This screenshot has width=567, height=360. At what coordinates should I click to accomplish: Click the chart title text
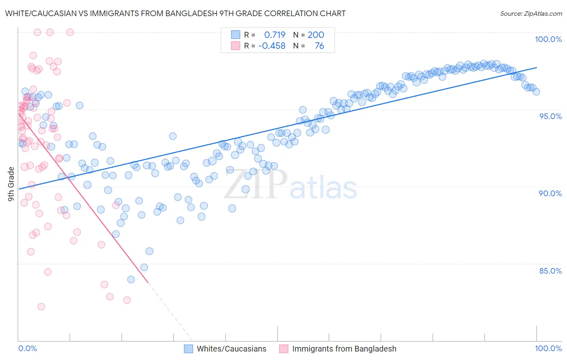tap(175, 13)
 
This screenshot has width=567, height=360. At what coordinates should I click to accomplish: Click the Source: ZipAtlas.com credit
tap(531, 14)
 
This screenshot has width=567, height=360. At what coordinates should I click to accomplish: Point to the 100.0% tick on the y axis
tap(548, 39)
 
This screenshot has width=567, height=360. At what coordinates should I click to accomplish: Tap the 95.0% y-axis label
tap(550, 116)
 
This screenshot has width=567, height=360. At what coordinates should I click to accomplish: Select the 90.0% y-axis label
tap(550, 193)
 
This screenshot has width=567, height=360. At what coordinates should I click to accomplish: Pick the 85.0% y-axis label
tap(550, 271)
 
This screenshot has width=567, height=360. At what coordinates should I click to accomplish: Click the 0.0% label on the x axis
tap(27, 348)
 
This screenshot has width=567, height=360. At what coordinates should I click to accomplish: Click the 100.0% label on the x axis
tap(548, 348)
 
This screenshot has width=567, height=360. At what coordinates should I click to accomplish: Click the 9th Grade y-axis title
tap(11, 184)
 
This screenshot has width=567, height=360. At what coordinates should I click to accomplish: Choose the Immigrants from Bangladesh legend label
tap(344, 349)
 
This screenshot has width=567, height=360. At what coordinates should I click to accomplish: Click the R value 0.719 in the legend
tap(275, 35)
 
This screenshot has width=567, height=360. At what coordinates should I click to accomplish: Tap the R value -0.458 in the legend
tap(272, 46)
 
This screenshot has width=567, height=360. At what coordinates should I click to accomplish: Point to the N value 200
tap(316, 35)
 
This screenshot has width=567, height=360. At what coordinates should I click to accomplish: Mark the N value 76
tap(319, 46)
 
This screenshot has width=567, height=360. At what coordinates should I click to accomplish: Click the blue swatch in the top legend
tap(236, 35)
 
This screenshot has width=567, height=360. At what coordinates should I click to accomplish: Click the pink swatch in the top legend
tap(236, 46)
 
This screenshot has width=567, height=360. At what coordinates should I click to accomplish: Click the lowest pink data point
tap(41, 307)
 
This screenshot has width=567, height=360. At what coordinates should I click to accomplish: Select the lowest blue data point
tap(131, 279)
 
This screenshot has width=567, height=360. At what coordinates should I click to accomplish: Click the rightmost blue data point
tap(536, 92)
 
